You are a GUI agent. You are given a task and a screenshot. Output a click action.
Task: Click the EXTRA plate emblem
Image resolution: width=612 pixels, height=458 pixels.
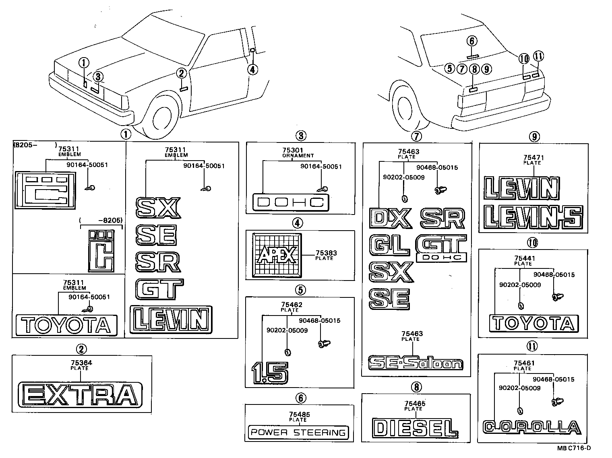(x=81, y=394)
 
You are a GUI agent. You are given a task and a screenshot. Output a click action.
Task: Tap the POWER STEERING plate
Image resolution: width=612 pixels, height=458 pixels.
(x=298, y=433)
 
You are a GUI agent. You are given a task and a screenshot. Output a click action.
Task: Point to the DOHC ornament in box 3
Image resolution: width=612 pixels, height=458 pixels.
(x=290, y=202)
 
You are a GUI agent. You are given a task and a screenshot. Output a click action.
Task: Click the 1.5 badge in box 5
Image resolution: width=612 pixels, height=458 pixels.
(x=269, y=372)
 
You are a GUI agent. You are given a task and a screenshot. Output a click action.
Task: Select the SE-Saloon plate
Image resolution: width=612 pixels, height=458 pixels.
(x=416, y=363)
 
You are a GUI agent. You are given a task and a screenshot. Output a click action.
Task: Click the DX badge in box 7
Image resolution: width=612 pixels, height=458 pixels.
(x=390, y=218)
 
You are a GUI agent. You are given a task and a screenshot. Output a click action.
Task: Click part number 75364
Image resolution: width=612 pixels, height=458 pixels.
(x=81, y=363)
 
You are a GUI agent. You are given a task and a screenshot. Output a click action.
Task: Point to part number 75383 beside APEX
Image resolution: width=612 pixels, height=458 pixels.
(x=326, y=253)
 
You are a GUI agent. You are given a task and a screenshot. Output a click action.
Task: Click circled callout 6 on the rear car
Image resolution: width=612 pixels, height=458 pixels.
(x=472, y=41)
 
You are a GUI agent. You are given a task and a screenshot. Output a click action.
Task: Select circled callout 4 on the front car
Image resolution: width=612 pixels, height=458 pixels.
(x=252, y=70)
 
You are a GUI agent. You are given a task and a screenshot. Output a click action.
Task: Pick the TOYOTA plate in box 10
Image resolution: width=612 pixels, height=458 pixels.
(x=533, y=323)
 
